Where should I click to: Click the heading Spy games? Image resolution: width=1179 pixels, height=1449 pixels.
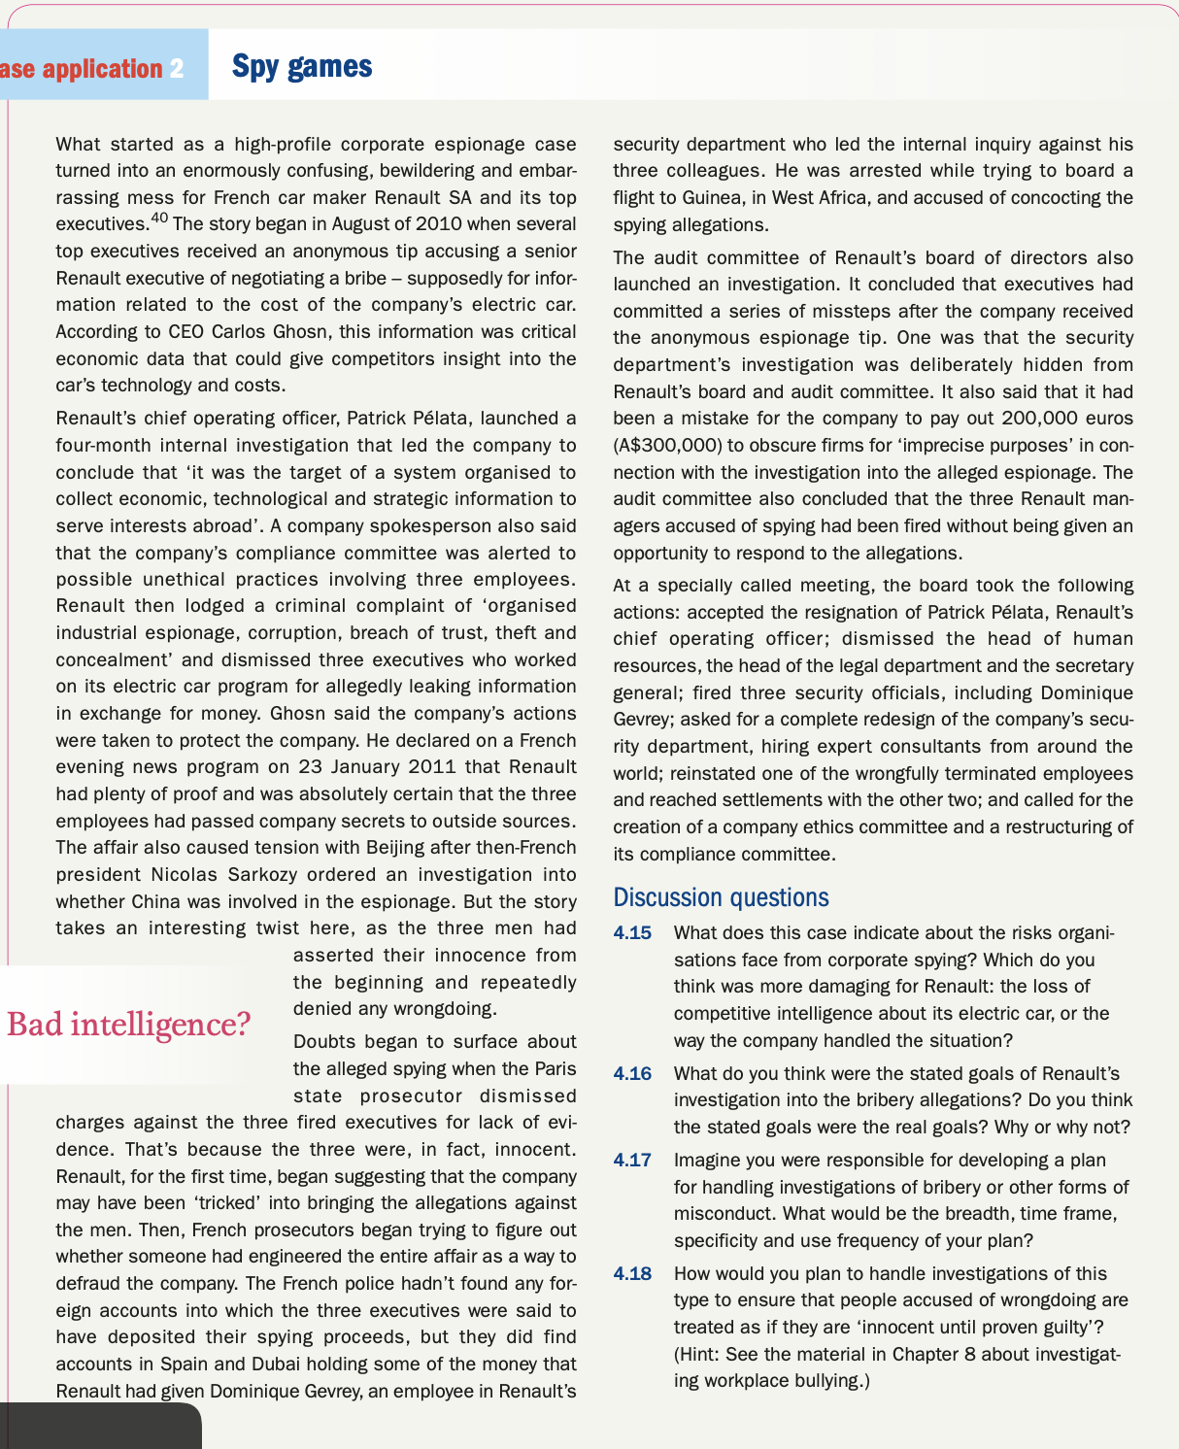(302, 66)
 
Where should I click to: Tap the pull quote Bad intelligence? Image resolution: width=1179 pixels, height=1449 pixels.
(128, 1024)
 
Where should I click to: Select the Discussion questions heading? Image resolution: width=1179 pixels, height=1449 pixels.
(721, 896)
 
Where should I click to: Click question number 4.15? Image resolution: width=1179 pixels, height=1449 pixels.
(632, 933)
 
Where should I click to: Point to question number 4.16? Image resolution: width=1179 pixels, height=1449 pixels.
(632, 1074)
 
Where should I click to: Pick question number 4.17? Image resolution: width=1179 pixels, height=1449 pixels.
(632, 1160)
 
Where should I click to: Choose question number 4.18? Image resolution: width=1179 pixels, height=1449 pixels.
(632, 1273)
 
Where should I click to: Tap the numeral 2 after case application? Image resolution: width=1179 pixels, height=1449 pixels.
(176, 69)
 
